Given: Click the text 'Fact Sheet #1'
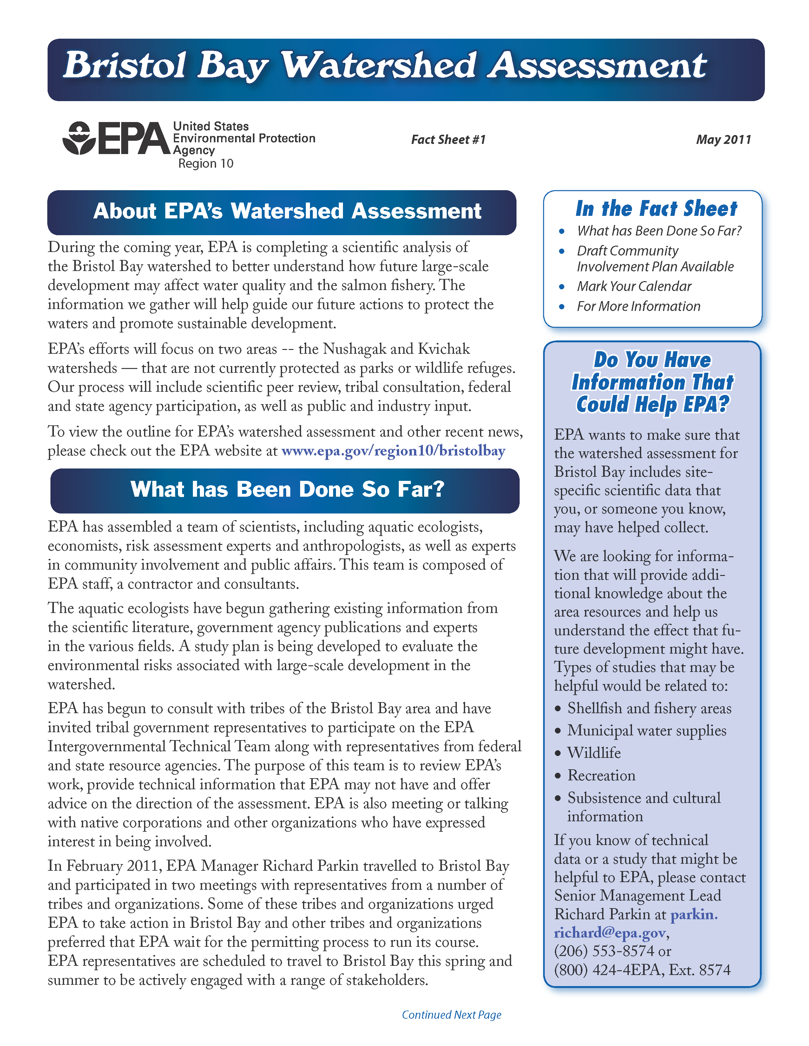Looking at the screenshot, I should tap(448, 140).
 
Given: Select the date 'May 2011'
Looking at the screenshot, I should tap(723, 140).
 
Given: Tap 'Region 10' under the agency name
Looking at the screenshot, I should tap(206, 164).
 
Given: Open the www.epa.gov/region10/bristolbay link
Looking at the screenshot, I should tap(393, 451).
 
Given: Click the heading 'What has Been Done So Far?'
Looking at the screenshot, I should tap(287, 489).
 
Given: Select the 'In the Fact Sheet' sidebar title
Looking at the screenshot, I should tap(656, 209).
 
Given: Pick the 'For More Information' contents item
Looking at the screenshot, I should tap(638, 307).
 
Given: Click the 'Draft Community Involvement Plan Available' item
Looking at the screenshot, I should tap(655, 259).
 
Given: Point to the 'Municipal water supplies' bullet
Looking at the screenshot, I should tap(647, 731).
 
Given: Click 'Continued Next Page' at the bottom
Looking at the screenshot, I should tap(451, 1015).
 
